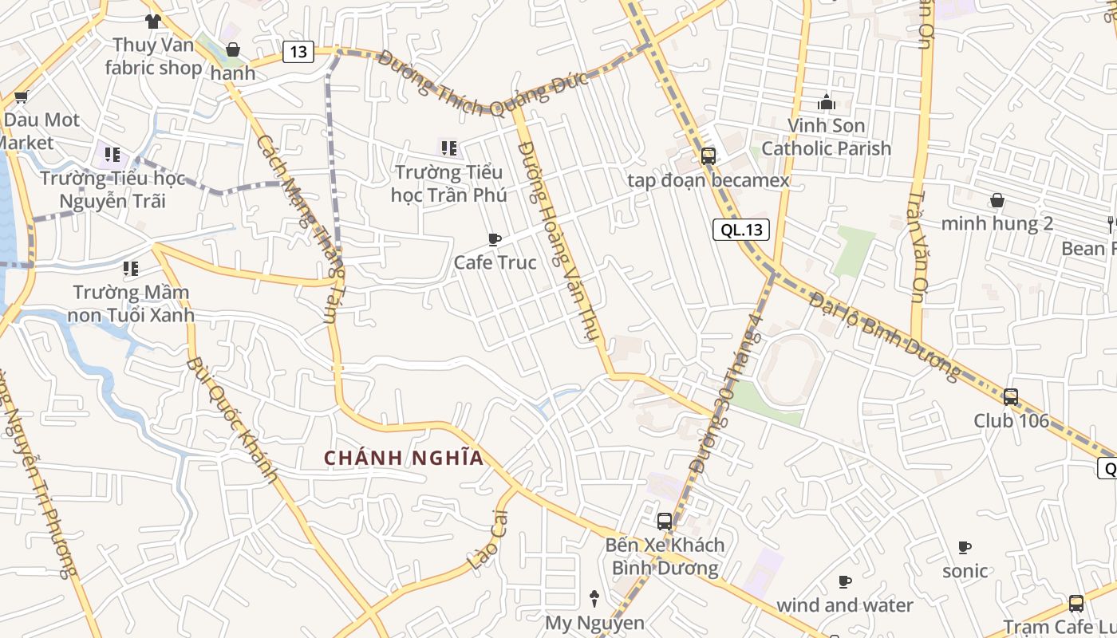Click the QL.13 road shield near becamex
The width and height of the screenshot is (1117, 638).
pos(742,230)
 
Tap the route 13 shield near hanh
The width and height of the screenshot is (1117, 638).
pos(298,53)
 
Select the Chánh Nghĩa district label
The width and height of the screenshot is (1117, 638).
pos(404,458)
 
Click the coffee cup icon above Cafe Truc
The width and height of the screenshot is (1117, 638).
pos(495,239)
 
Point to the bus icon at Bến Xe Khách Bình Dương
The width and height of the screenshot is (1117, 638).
pos(665,522)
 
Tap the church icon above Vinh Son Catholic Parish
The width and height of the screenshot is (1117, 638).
pos(827,102)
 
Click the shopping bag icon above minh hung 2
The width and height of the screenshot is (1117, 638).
pos(997,200)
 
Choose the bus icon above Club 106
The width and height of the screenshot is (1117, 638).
pos(1011,396)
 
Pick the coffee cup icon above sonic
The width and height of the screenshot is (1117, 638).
pos(965,548)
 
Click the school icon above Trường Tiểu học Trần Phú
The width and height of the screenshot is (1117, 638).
pos(449,148)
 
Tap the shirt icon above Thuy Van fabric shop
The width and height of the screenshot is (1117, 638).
pos(153,22)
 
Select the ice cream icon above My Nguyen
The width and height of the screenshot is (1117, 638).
pos(594,598)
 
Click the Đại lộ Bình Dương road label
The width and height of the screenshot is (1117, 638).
pos(885,336)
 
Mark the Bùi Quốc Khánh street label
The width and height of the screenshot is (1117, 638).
pos(231,420)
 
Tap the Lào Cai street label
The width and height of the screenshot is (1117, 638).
pos(488,539)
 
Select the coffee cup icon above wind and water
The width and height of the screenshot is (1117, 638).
pos(845,582)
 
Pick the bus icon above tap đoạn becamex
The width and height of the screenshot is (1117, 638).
pos(708,156)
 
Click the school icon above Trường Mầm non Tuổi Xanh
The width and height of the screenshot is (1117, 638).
pos(131,269)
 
